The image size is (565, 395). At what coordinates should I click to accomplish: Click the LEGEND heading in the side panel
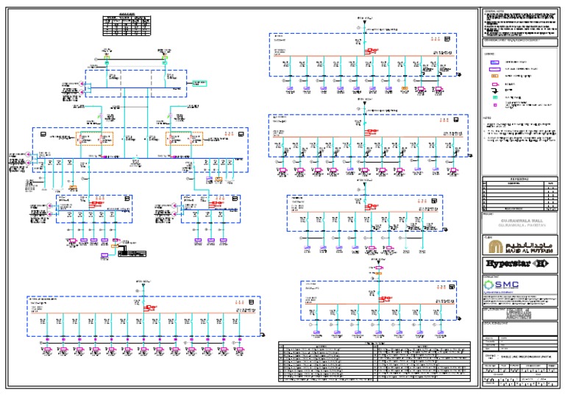coord(488,54)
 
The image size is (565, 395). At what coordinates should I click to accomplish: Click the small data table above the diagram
coord(127,26)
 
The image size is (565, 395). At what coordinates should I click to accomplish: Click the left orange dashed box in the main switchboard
coord(94,138)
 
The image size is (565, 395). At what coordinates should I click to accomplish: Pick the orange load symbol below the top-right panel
coord(404,91)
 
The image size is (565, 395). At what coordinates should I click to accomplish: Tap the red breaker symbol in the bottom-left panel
coord(150,307)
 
